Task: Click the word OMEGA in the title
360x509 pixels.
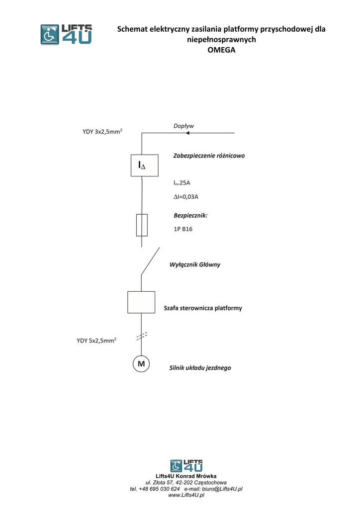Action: pyautogui.click(x=221, y=50)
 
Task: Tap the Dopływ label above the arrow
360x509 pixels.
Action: pyautogui.click(x=183, y=126)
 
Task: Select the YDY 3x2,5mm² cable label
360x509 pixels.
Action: pyautogui.click(x=103, y=132)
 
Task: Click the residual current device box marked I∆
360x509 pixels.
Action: pyautogui.click(x=142, y=165)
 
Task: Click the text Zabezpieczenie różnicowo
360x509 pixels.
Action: pyautogui.click(x=209, y=156)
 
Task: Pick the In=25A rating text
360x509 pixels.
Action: pyautogui.click(x=181, y=183)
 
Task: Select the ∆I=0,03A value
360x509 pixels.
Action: pyautogui.click(x=186, y=197)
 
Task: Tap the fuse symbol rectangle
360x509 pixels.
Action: pyautogui.click(x=142, y=225)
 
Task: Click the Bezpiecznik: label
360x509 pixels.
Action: pyautogui.click(x=190, y=216)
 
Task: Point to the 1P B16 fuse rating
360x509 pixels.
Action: pyautogui.click(x=183, y=229)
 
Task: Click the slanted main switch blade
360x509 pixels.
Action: pyautogui.click(x=150, y=261)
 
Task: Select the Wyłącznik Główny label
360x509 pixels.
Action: pyautogui.click(x=195, y=264)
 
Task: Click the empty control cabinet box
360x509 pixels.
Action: pyautogui.click(x=141, y=302)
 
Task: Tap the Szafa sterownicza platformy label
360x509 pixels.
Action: pyautogui.click(x=203, y=308)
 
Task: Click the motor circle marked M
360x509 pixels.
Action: pyautogui.click(x=141, y=364)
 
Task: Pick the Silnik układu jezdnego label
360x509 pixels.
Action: pyautogui.click(x=200, y=368)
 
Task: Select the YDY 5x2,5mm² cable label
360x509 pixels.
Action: pyautogui.click(x=97, y=341)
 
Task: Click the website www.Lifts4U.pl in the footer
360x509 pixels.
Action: pyautogui.click(x=186, y=496)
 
